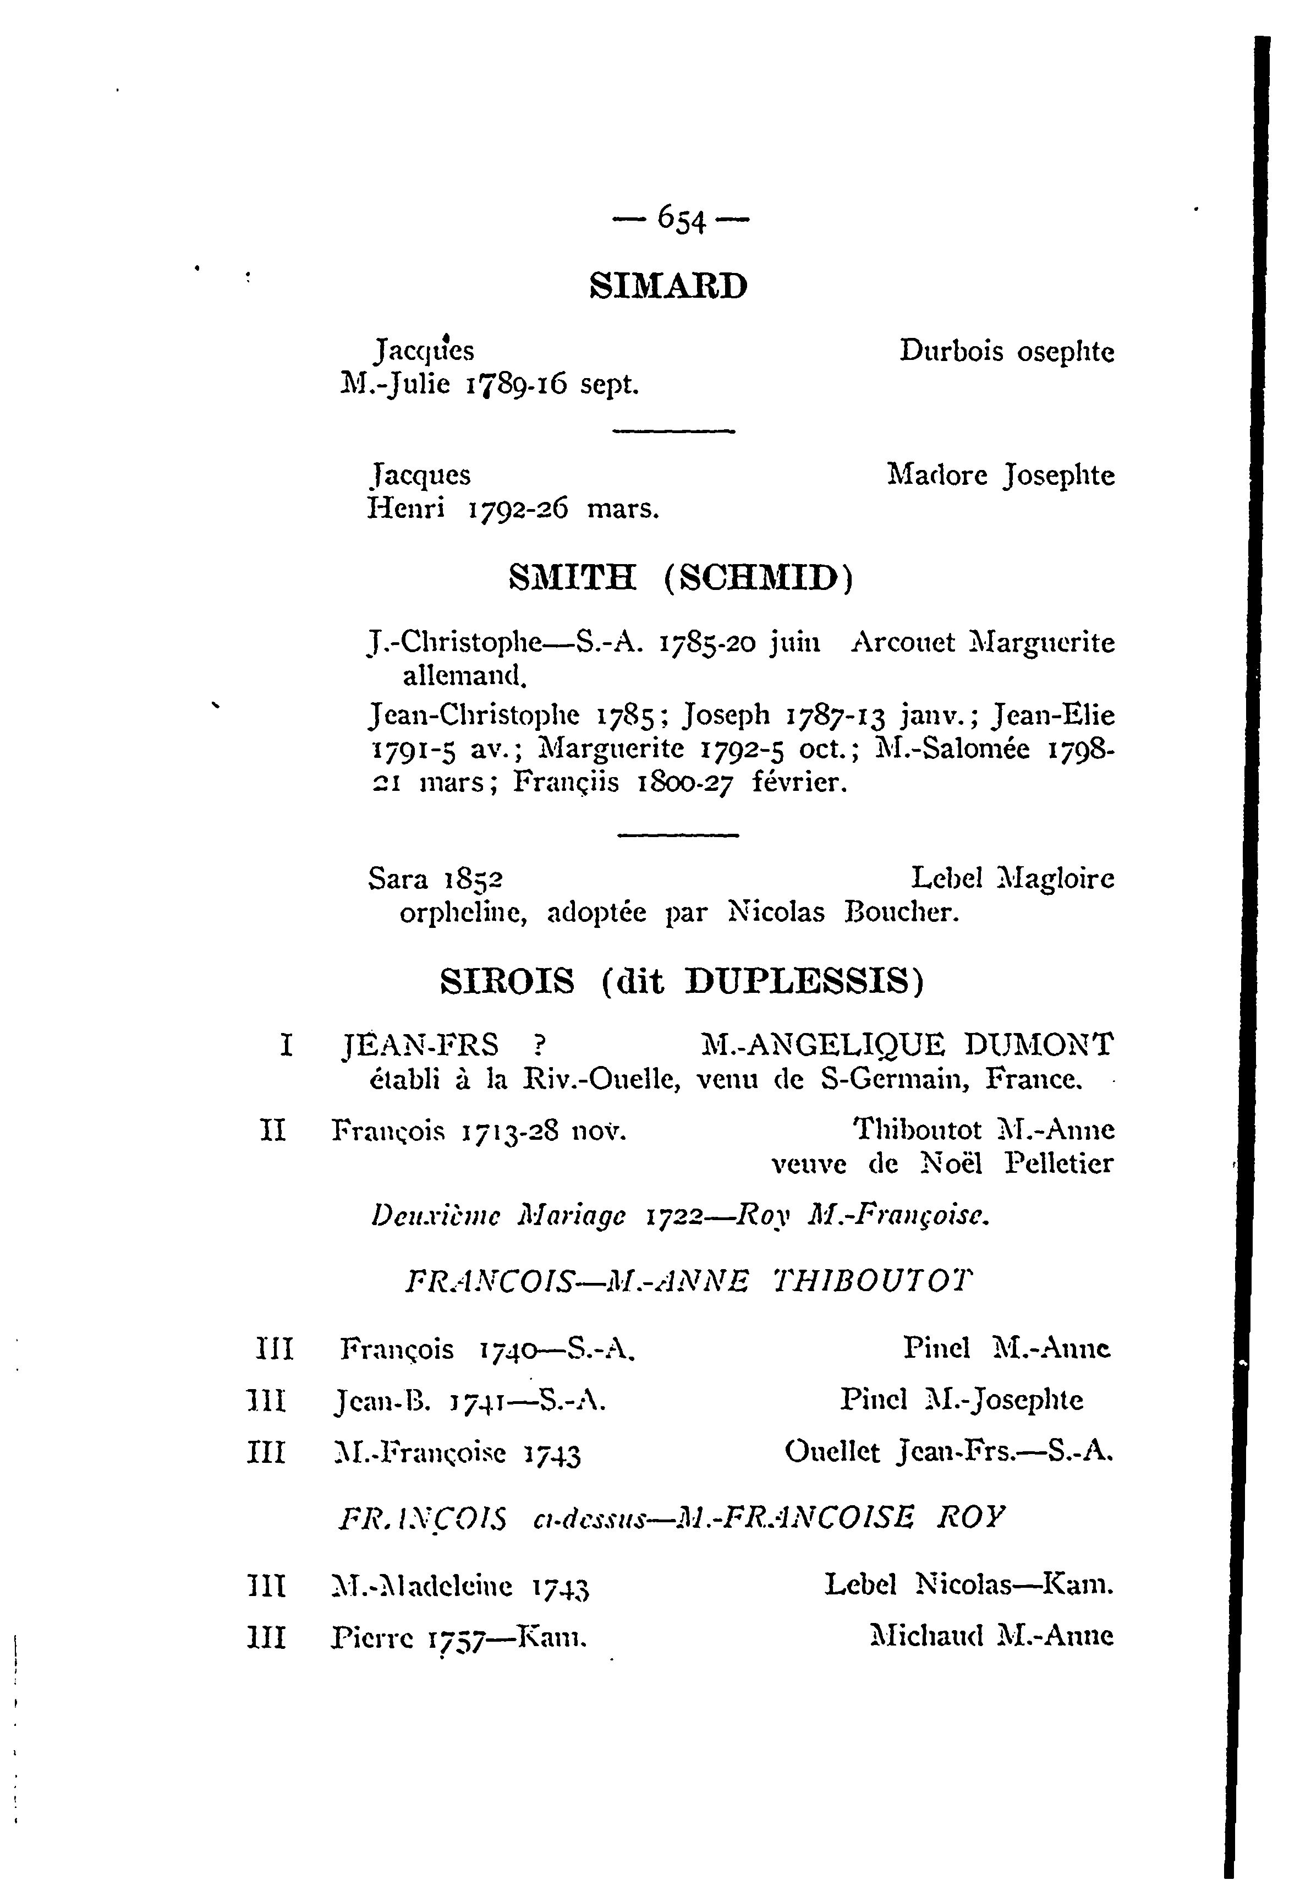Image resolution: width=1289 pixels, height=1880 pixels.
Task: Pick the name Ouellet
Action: point(832,1452)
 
